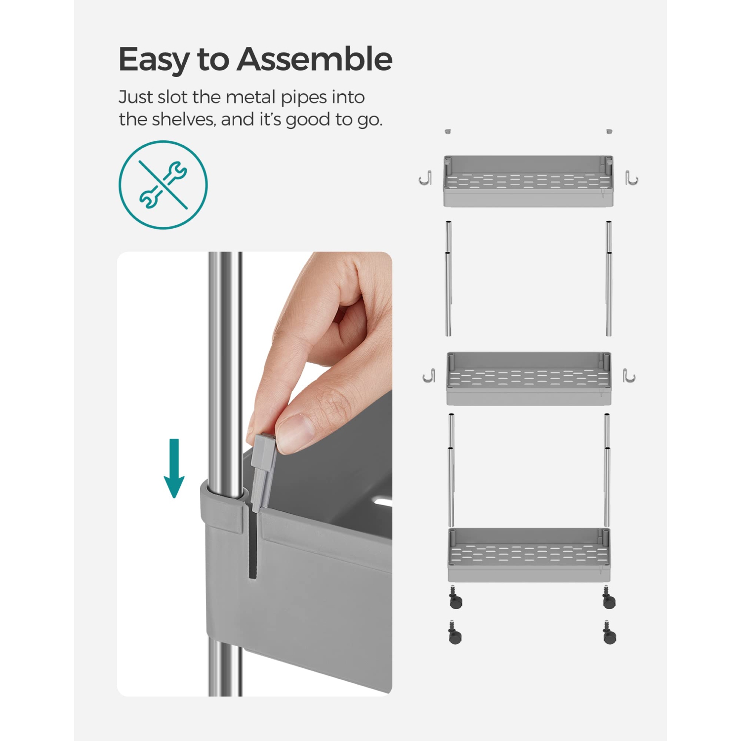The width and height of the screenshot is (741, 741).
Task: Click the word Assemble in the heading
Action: click(315, 59)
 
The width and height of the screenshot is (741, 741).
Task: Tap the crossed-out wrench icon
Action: click(163, 185)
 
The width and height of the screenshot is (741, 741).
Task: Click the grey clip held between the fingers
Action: click(263, 469)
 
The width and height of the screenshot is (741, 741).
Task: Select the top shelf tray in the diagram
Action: click(528, 181)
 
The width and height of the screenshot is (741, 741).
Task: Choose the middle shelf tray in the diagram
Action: click(529, 378)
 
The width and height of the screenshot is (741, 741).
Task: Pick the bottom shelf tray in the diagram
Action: click(529, 554)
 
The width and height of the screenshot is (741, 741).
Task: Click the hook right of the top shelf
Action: click(631, 178)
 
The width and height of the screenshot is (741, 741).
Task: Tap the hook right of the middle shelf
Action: click(629, 375)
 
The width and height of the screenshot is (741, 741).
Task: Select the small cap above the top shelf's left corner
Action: click(448, 131)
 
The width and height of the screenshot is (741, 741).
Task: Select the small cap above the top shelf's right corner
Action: click(609, 131)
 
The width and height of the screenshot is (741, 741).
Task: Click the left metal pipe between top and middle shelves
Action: click(448, 279)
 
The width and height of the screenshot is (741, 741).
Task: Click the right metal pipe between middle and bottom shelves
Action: click(607, 470)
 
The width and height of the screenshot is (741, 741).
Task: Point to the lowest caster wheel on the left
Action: click(454, 633)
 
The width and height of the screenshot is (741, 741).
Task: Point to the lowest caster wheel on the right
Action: click(610, 633)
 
